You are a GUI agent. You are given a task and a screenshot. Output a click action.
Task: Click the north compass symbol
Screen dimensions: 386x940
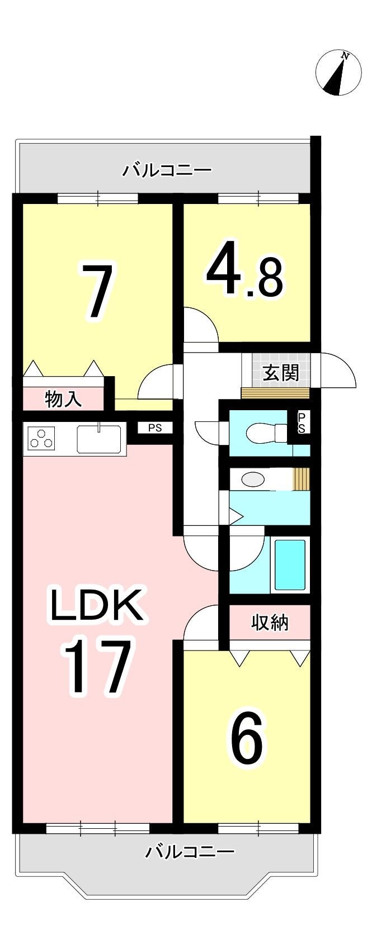pyautogui.click(x=338, y=73)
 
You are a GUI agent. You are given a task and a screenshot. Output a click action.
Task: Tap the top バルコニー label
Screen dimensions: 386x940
pyautogui.click(x=167, y=171)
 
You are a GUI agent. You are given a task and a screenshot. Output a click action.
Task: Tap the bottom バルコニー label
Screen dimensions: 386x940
pyautogui.click(x=190, y=852)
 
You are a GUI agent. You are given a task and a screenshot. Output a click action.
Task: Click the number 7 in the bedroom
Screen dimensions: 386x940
pyautogui.click(x=98, y=290)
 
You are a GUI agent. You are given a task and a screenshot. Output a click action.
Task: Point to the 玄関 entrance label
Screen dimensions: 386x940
pyautogui.click(x=281, y=373)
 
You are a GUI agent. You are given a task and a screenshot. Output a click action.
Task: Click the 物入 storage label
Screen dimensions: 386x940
pyautogui.click(x=63, y=399)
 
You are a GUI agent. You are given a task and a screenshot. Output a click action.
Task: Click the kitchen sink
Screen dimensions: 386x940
pyautogui.click(x=99, y=439)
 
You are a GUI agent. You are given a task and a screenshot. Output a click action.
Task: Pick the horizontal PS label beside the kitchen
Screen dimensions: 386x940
pyautogui.click(x=155, y=429)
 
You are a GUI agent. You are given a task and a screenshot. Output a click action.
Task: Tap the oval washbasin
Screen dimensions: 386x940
pyautogui.click(x=252, y=480)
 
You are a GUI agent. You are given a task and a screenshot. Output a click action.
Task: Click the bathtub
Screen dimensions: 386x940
pyautogui.click(x=290, y=565)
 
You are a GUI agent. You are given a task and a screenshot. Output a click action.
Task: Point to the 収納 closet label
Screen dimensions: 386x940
pyautogui.click(x=270, y=623)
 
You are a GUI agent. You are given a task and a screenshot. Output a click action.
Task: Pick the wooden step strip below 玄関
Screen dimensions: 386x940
pyautogui.click(x=276, y=393)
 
